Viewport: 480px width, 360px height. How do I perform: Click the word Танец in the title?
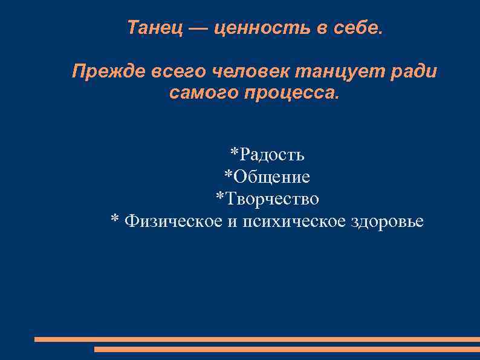[x=154, y=28]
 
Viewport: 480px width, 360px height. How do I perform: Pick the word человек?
[x=251, y=73]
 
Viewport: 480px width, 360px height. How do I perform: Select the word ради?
[x=413, y=73]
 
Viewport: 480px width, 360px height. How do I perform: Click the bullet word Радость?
[x=272, y=155]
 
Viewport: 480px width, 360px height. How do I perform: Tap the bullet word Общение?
[x=271, y=177]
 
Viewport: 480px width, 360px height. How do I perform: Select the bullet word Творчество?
[x=273, y=198]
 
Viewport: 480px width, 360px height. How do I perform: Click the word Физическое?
[x=173, y=221]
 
